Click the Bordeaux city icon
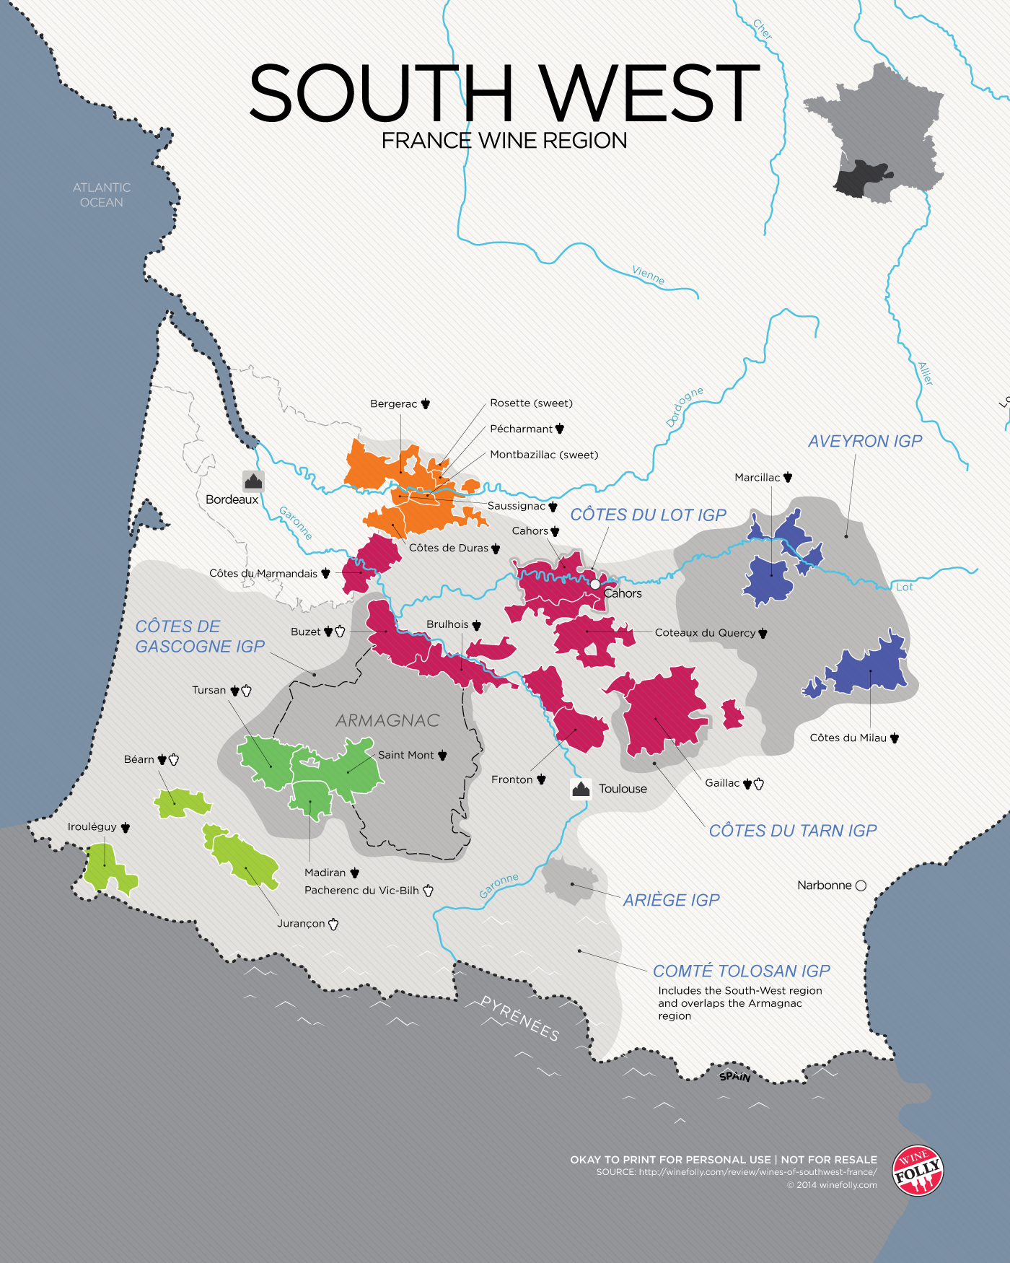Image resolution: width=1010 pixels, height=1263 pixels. pos(253,481)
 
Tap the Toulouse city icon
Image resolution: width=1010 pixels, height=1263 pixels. pos(581,789)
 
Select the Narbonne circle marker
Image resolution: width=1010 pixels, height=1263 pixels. pos(861,886)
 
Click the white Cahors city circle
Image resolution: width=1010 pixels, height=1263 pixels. pos(595,583)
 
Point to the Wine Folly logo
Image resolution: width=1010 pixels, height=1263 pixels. pos(918,1171)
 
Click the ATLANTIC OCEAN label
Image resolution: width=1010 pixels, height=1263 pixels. pos(102,195)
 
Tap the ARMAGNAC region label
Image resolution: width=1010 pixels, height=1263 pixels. pos(387,720)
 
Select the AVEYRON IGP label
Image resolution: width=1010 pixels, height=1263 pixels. pos(865,441)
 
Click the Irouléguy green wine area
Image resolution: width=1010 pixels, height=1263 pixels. pos(108,868)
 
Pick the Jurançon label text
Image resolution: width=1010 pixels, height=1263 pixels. pos(301,924)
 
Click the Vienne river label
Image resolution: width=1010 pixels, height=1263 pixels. pos(648,275)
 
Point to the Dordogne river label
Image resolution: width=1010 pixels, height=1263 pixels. pos(684,408)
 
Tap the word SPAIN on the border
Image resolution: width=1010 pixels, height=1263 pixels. pos(734,1076)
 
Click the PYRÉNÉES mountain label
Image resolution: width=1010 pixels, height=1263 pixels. pos(520,1018)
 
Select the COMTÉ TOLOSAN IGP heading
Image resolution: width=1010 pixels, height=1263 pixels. pos(741,971)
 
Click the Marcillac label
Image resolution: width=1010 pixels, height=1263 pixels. pos(757,478)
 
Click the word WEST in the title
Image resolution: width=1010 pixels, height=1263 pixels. pos(650,94)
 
